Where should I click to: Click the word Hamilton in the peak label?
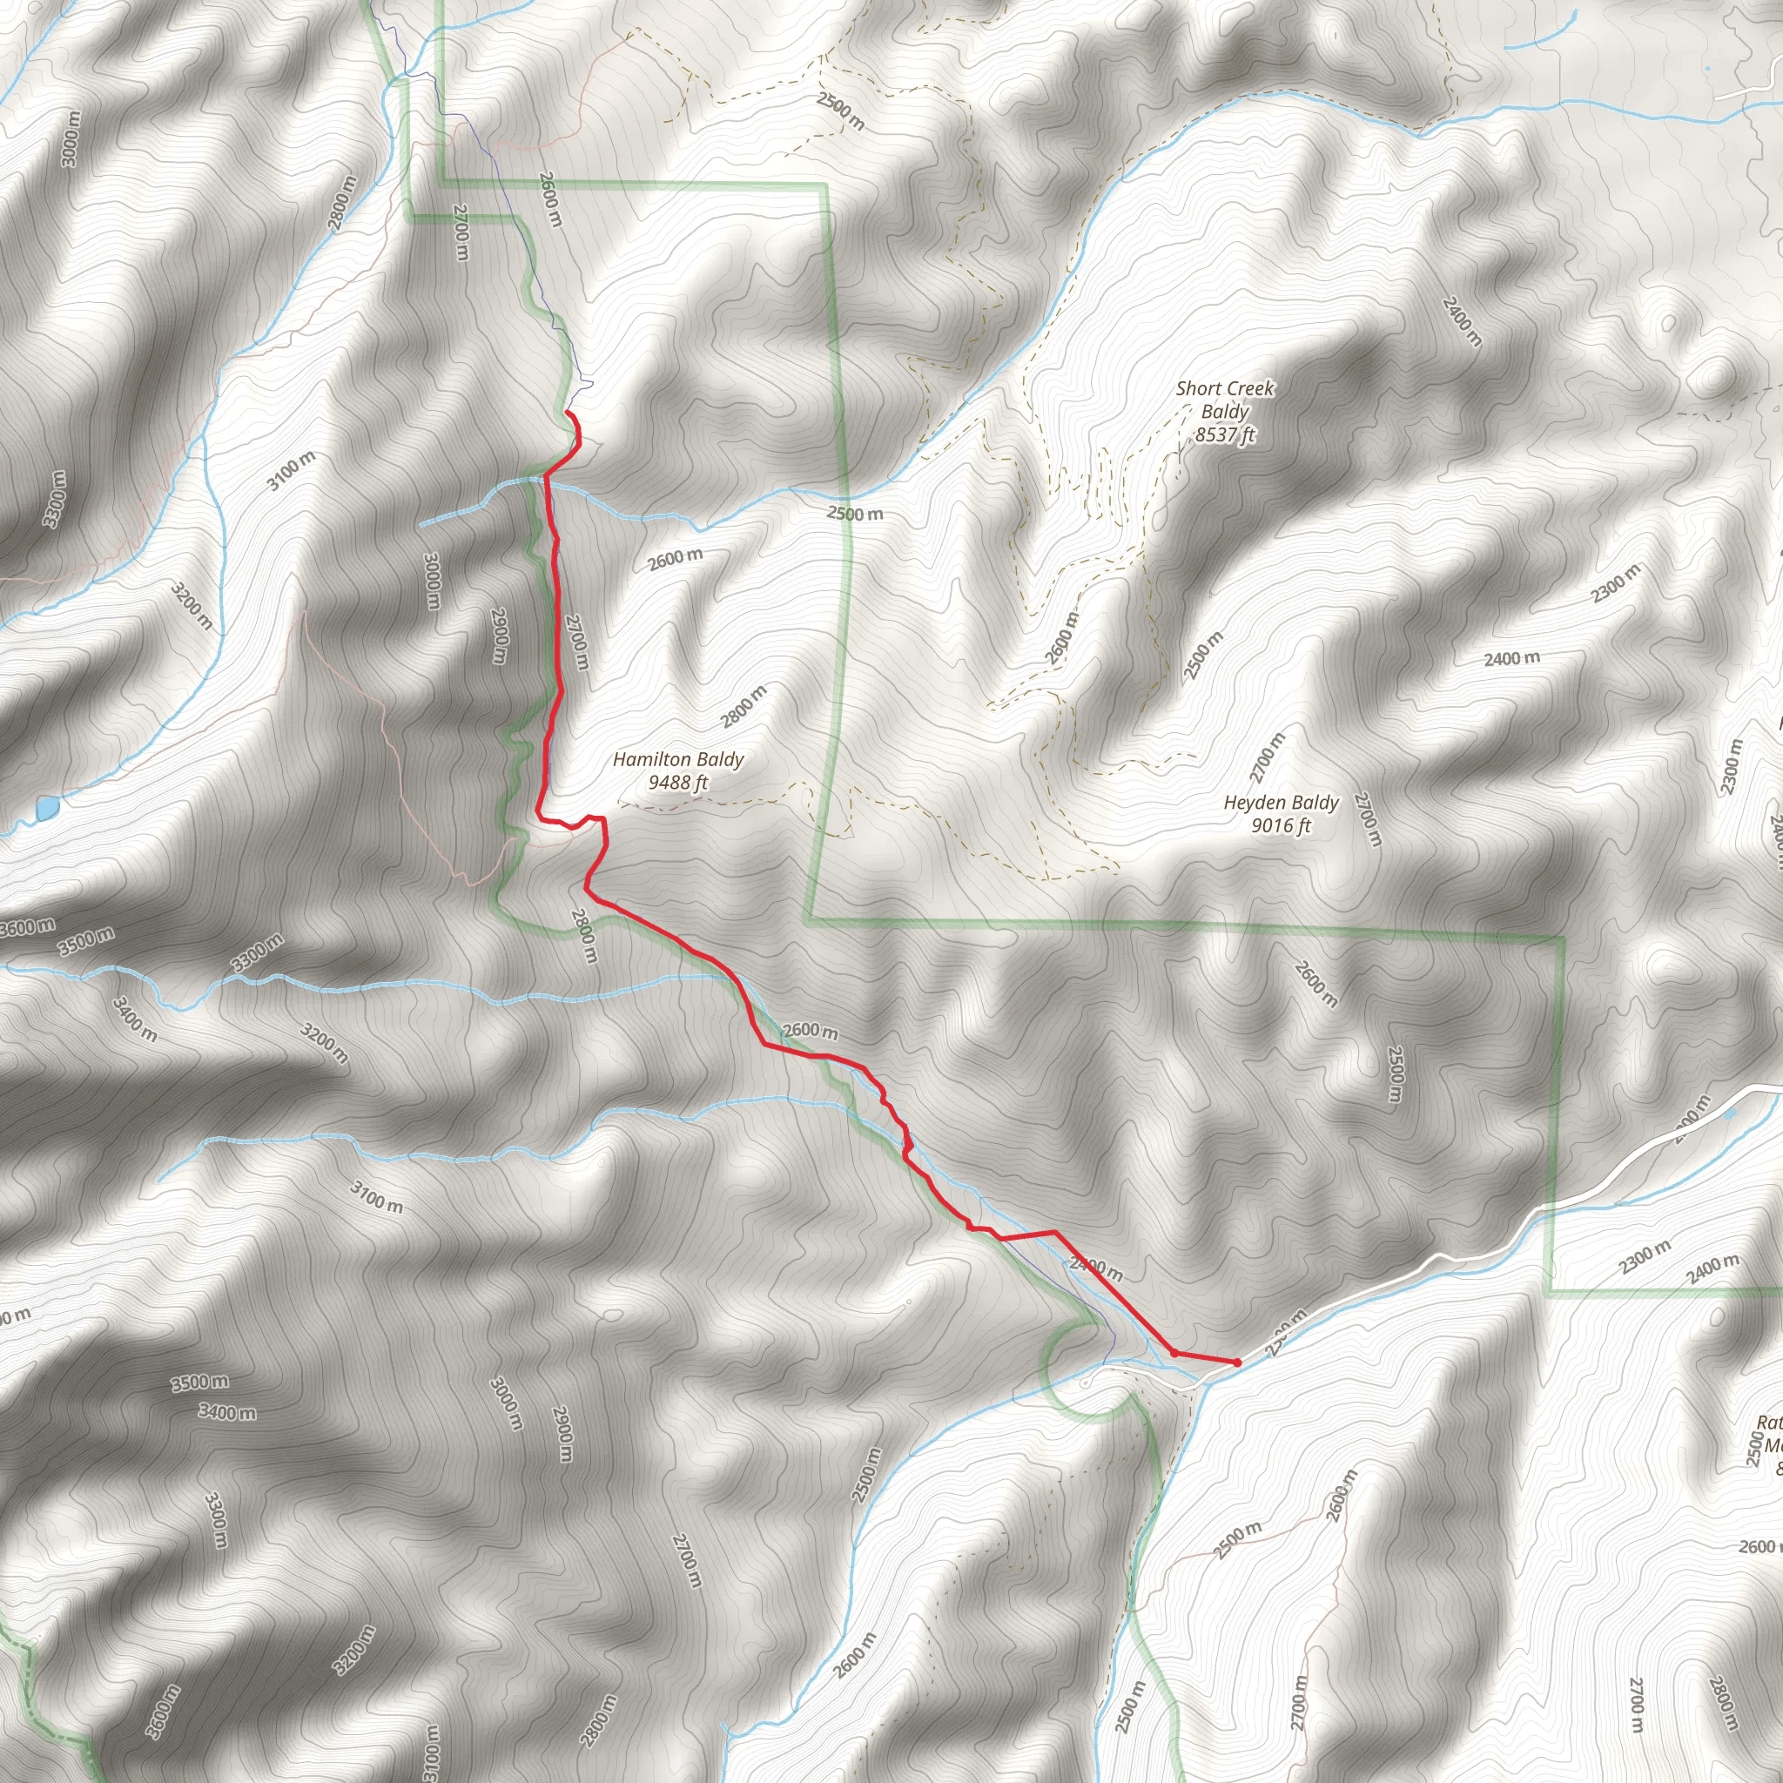tap(645, 759)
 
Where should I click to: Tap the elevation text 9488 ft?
tap(678, 783)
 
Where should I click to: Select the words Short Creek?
tap(1225, 388)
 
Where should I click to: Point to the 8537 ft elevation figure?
tap(1225, 434)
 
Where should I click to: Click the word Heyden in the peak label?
tap(1254, 803)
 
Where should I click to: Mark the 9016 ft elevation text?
tap(1281, 825)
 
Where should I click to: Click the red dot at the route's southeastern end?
tap(1236, 1362)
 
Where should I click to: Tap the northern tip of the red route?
tap(567, 413)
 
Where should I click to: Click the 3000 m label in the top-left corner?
tap(71, 139)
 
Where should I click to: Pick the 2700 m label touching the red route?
tap(574, 643)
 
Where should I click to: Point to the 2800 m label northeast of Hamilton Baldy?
tap(743, 706)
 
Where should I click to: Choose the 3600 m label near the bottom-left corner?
tap(163, 1711)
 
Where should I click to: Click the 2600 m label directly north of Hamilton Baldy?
tap(675, 558)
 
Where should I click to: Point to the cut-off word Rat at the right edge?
tap(1770, 1423)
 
